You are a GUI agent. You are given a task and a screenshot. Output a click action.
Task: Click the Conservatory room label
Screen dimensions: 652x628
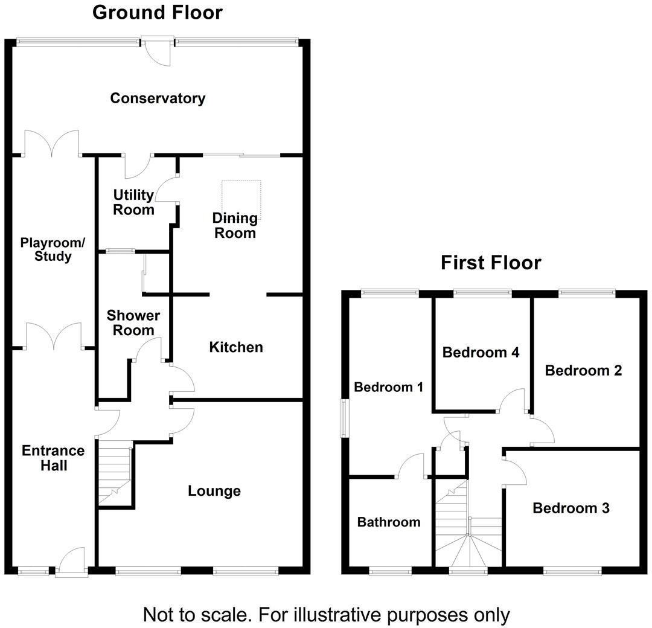pos(158,98)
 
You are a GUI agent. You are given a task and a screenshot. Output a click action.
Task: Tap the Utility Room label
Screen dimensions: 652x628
pos(133,202)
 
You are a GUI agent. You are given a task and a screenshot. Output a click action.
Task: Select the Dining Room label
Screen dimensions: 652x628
pos(235,225)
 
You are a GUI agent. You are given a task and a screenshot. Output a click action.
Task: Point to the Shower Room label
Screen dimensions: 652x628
pos(133,322)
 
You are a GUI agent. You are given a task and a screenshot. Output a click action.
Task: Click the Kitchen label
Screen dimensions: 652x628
pos(236,347)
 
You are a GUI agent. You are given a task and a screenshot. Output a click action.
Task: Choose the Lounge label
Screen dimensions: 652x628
pos(214,491)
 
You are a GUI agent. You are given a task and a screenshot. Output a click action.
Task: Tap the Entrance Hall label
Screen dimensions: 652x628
pos(53,458)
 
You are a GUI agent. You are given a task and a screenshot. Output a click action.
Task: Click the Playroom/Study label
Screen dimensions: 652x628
pos(53,249)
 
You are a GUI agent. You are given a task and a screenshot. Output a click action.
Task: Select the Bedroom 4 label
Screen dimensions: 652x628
pos(481,353)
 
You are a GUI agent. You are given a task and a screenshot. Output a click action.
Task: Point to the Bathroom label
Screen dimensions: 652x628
pos(389,522)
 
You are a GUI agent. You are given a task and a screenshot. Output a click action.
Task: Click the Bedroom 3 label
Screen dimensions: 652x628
pos(571,508)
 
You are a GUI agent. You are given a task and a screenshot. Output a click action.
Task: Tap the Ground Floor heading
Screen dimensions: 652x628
pos(157,13)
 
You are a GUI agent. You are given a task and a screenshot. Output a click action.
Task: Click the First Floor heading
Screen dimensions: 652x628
pos(491,263)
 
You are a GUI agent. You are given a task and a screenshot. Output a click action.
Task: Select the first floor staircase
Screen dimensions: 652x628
pos(468,523)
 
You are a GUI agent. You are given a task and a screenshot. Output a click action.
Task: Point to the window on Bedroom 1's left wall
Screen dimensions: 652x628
pos(344,418)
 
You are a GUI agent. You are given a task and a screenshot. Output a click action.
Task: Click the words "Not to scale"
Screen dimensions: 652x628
pos(196,615)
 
